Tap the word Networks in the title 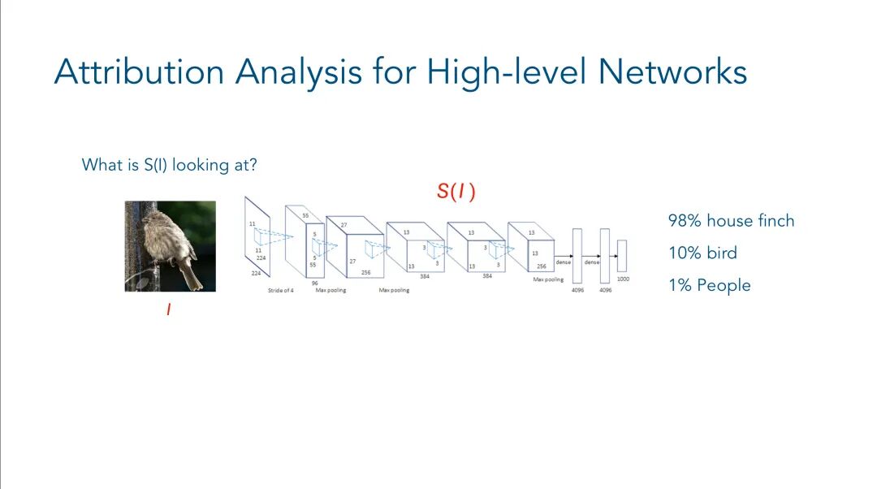coord(672,72)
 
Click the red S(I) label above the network coord(456,192)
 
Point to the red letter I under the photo coord(169,309)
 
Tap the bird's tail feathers coord(192,276)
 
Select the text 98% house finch coord(731,221)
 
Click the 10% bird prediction coord(702,253)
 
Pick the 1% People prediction coord(709,285)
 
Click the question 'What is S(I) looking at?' coord(170,165)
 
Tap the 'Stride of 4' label coord(281,290)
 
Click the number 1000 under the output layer coord(622,279)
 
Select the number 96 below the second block coord(314,283)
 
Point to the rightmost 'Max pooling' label coord(548,279)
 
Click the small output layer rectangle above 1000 coord(622,255)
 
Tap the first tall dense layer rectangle coord(577,256)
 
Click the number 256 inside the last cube coord(542,266)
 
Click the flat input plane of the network coord(257,235)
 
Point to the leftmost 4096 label coord(577,290)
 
